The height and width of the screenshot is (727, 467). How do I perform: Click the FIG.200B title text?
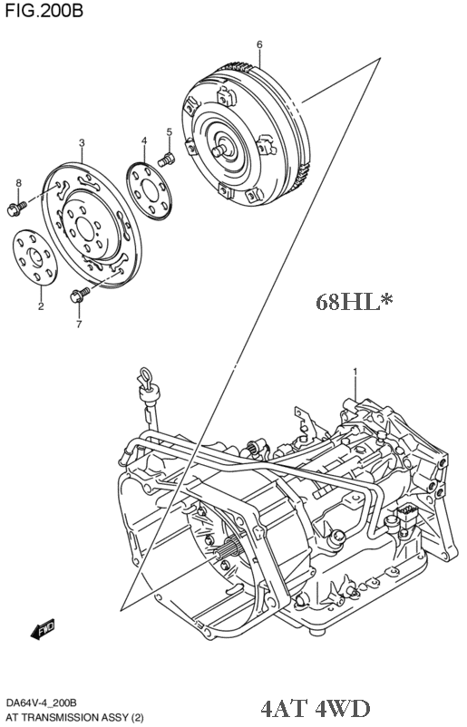[x=44, y=10]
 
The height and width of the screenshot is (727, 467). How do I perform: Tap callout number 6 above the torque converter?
[x=259, y=44]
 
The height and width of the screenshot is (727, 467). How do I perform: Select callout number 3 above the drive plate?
[x=82, y=143]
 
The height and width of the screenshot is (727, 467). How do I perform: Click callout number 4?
[x=144, y=141]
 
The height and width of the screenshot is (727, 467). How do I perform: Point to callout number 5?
[x=170, y=132]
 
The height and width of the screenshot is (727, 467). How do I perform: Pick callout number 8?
[x=18, y=183]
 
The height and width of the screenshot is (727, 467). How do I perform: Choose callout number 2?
[x=41, y=306]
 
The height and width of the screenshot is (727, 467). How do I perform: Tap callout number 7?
[x=79, y=325]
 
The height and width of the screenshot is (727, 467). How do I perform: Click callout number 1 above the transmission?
[x=355, y=372]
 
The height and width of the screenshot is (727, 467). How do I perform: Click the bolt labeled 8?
[x=15, y=208]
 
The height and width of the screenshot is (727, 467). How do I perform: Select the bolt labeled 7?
[x=80, y=295]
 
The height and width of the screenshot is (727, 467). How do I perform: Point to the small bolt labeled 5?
[x=166, y=160]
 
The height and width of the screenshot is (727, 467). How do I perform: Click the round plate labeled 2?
[x=35, y=257]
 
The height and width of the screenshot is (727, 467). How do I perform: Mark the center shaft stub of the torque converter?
[x=220, y=150]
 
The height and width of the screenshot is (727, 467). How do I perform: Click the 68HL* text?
[x=355, y=302]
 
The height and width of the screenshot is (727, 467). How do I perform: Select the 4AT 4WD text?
[x=316, y=709]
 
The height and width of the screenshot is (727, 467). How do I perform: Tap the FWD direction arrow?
[x=43, y=629]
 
